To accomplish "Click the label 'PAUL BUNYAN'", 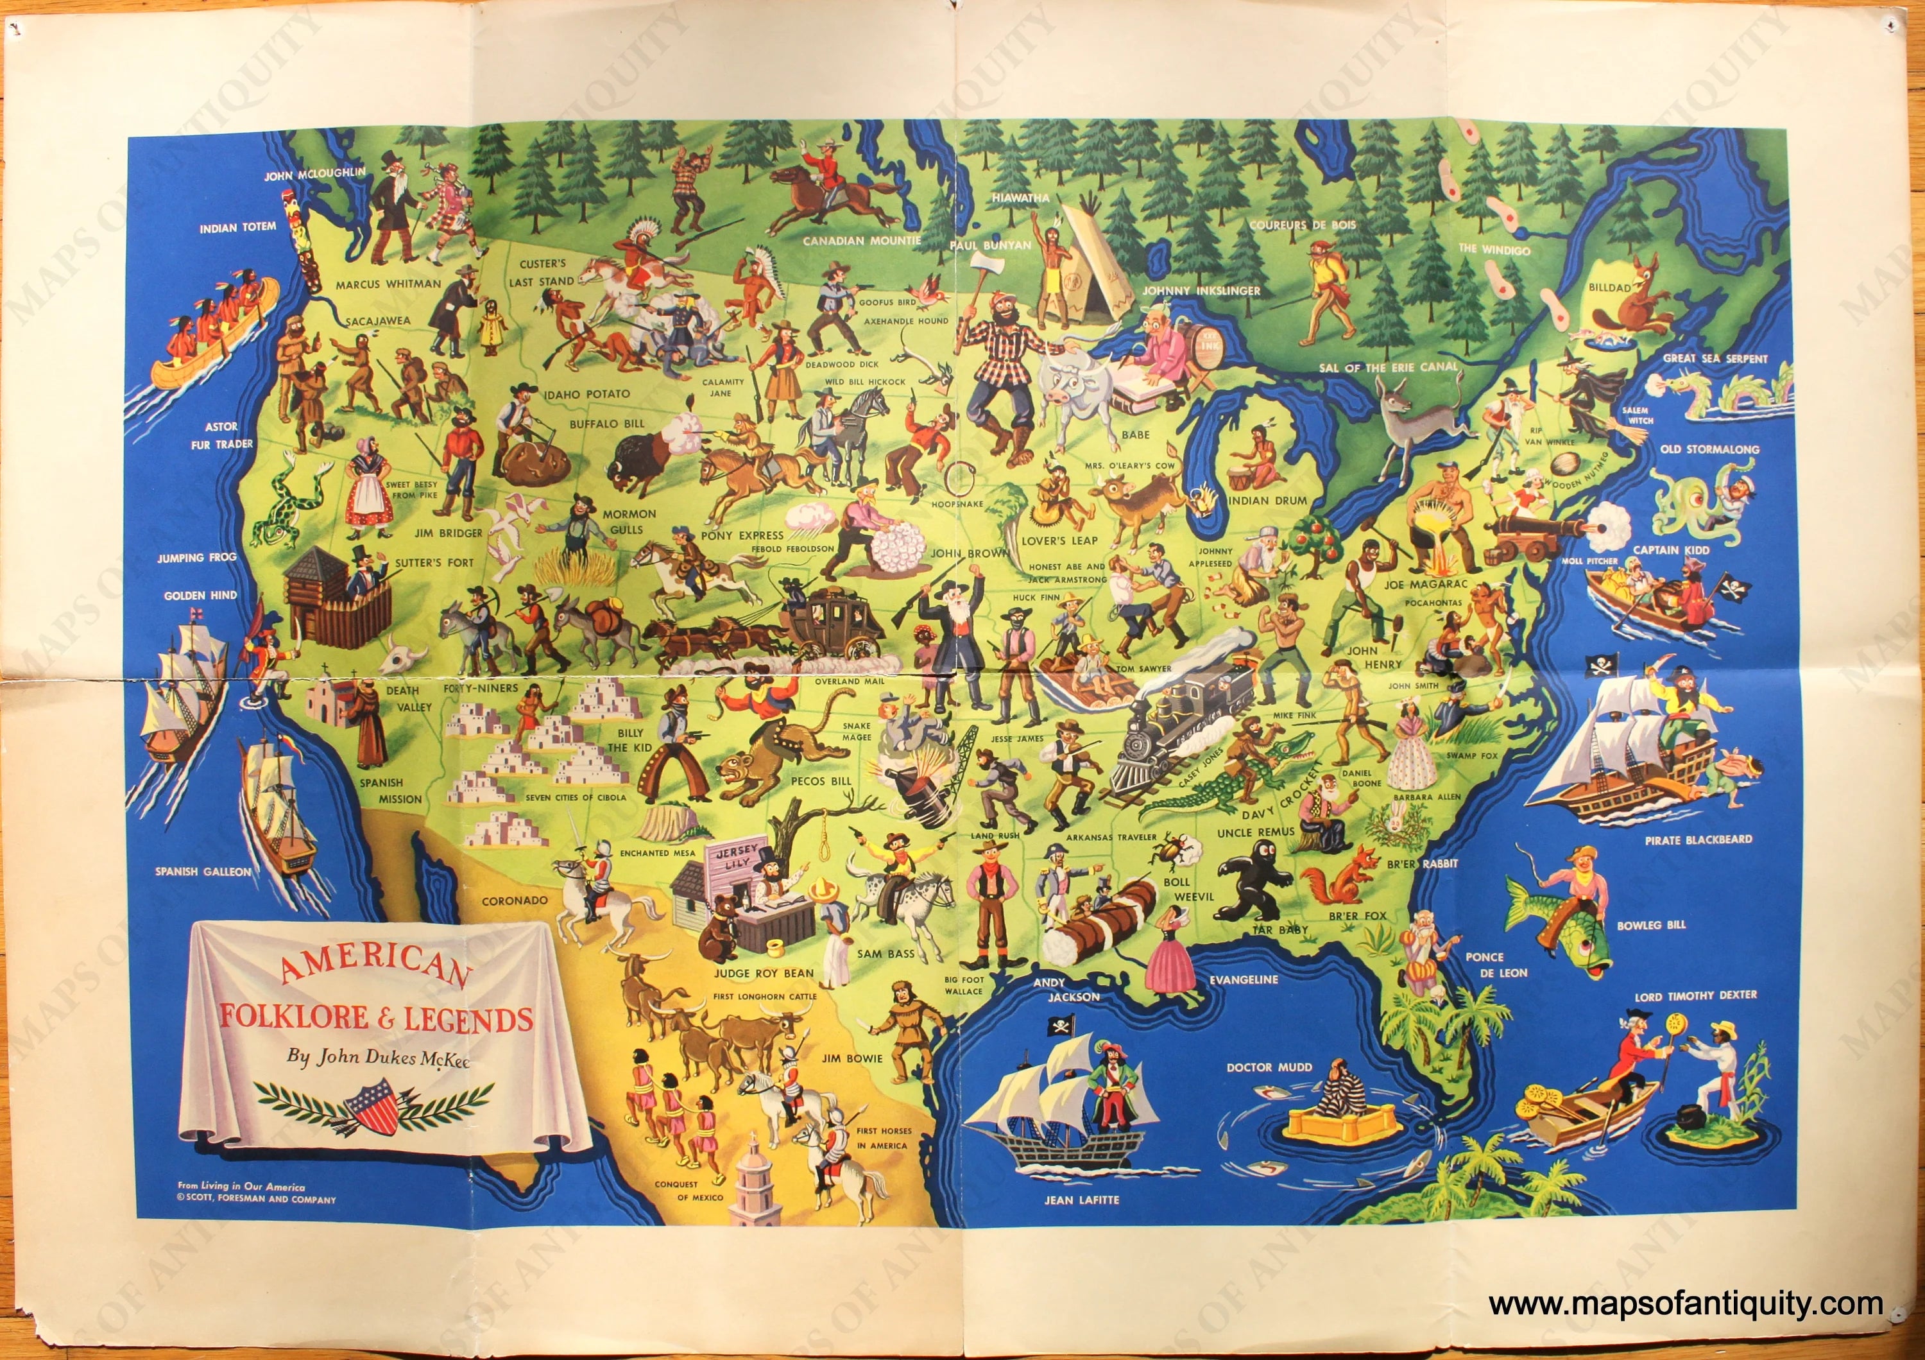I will (990, 245).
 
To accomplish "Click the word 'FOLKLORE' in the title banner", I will (287, 1017).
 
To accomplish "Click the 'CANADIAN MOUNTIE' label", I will (862, 241).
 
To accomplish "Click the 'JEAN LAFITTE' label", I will (1081, 1200).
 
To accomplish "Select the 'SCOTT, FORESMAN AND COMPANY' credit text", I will (257, 1200).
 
